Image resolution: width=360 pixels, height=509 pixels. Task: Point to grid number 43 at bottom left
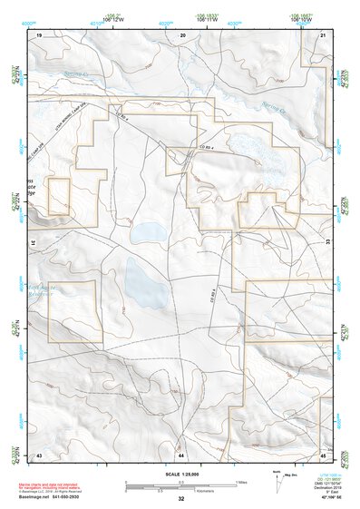[40, 453]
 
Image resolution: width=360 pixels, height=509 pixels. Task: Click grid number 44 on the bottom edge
[181, 453]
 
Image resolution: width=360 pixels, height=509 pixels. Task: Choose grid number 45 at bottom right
[324, 453]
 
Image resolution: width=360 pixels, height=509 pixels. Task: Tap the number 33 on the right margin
[327, 243]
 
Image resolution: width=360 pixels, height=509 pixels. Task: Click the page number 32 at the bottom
[181, 499]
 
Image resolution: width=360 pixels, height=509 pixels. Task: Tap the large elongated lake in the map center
[145, 283]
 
